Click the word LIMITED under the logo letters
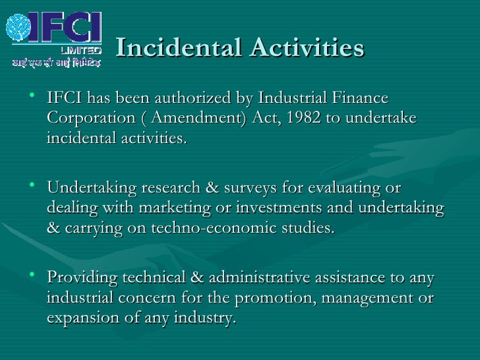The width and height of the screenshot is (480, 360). pyautogui.click(x=81, y=50)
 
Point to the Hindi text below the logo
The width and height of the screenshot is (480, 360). pyautogui.click(x=55, y=63)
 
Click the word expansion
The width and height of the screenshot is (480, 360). pyautogui.click(x=79, y=318)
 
